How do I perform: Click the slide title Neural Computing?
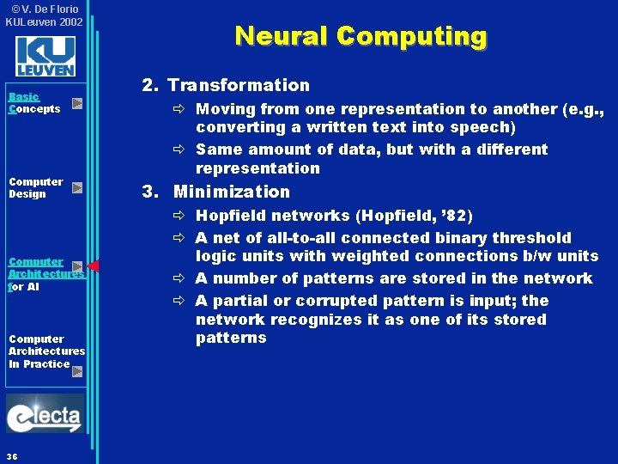360,36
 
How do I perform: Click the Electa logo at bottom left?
45,415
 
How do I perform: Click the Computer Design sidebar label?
35,187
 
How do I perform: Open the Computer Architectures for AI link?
45,274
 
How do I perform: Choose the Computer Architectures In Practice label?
46,351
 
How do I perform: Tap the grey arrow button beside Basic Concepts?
77,104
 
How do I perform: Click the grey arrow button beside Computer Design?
77,187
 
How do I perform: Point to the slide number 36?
12,455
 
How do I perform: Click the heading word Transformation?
239,85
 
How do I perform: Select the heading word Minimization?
232,192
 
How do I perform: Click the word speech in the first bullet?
483,127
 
